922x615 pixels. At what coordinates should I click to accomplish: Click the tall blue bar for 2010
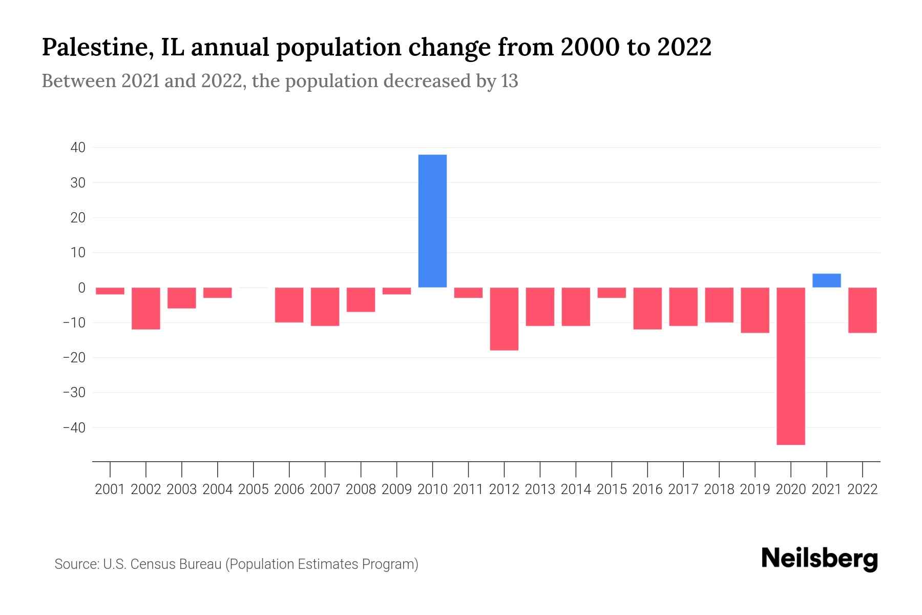click(x=432, y=221)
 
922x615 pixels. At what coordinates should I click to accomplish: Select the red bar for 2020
click(x=790, y=366)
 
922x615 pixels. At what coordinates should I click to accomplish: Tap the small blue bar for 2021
click(x=826, y=280)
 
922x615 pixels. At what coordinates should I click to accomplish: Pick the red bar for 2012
click(x=504, y=319)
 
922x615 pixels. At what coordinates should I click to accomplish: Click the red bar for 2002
click(x=146, y=308)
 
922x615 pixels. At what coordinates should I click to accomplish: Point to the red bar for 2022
click(x=862, y=310)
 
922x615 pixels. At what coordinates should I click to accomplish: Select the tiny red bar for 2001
click(x=110, y=291)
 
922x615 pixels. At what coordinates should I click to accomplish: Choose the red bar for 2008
click(x=361, y=299)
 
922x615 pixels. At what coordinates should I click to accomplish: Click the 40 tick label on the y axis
click(x=78, y=148)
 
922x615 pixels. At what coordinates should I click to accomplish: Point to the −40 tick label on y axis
click(x=74, y=427)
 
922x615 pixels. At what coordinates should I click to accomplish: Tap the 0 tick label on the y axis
click(x=81, y=288)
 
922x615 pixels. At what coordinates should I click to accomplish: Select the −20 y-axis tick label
click(x=74, y=357)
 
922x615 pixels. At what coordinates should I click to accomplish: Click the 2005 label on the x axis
click(x=254, y=489)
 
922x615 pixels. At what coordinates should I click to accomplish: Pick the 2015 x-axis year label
click(x=612, y=489)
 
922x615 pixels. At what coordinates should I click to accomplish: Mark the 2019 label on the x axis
click(x=755, y=489)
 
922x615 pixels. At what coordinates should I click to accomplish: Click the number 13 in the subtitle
click(x=509, y=81)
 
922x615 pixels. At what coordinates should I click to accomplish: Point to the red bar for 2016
click(x=647, y=308)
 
